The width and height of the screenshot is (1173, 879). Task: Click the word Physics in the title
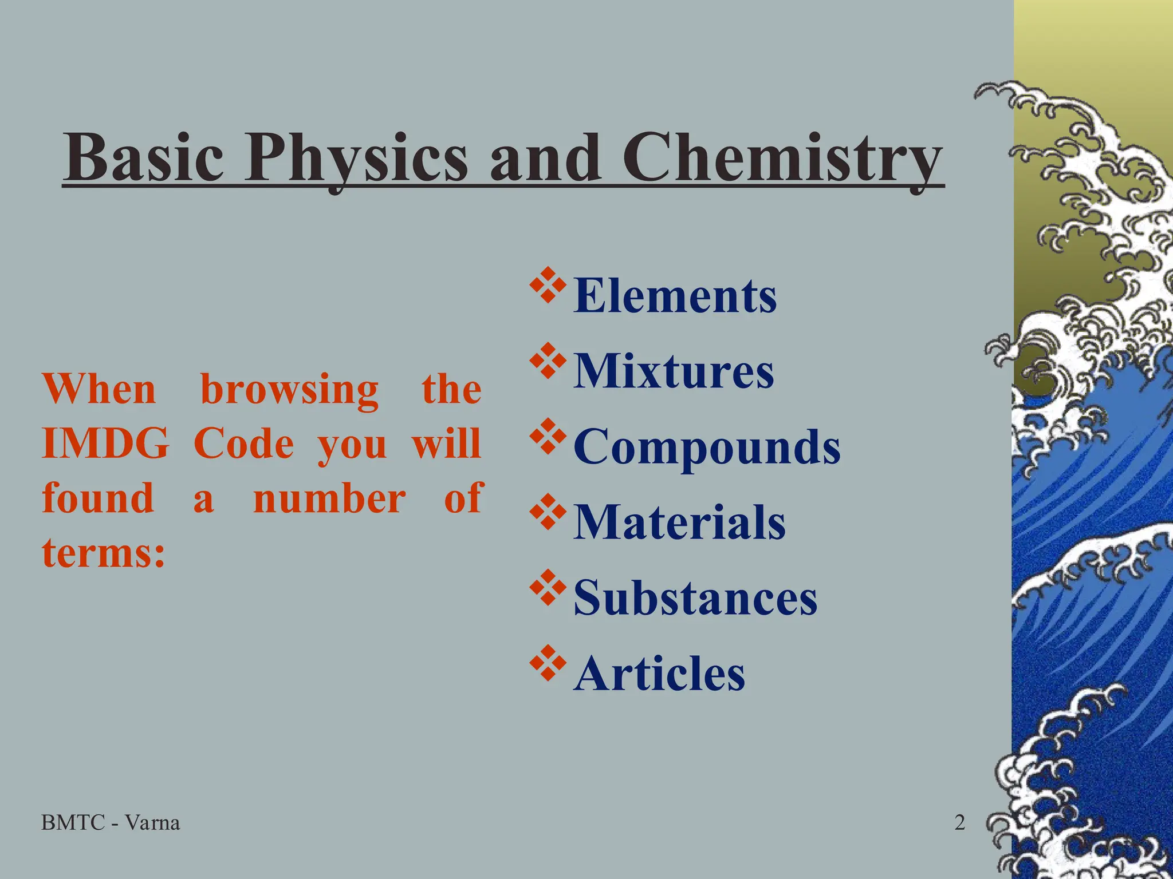pos(356,158)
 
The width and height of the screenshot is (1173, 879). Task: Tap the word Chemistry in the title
pos(782,158)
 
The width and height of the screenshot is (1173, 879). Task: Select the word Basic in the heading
pos(143,157)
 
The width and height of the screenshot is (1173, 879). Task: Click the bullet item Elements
pos(675,296)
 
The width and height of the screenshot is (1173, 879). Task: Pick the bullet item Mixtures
pos(674,371)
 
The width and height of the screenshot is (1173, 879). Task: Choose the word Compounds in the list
pos(707,448)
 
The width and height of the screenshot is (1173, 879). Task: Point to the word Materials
pos(679,522)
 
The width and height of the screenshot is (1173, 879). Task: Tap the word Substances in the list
pos(695,598)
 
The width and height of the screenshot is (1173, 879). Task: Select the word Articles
pos(659,674)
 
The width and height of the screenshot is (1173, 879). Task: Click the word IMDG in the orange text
pos(105,444)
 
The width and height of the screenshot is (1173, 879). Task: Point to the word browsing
pos(289,390)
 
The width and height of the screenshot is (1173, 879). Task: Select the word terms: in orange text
pos(104,553)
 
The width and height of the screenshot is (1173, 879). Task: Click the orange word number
pos(329,498)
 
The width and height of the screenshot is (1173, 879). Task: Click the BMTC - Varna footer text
pos(111,823)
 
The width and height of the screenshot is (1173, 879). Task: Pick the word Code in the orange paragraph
pos(244,444)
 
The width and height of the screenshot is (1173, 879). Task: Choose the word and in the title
pos(545,158)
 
